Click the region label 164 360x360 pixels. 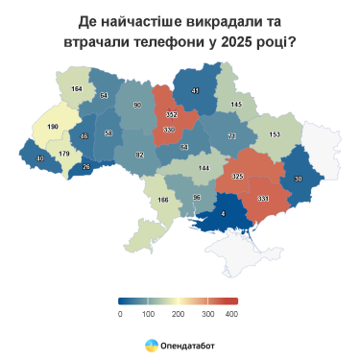tap(76, 88)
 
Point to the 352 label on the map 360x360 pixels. tap(172, 114)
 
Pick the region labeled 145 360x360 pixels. tap(236, 104)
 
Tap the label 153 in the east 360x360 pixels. tap(275, 134)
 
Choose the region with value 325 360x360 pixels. tap(237, 176)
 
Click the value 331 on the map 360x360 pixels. tap(263, 198)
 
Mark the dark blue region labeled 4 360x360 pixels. tap(223, 213)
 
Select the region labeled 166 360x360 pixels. tap(162, 200)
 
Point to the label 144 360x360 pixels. tap(203, 167)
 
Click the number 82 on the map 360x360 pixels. tap(139, 155)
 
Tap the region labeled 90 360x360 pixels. tap(137, 105)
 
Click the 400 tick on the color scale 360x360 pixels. tap(231, 313)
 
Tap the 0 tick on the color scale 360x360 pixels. tap(120, 313)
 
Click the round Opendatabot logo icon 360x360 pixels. tap(152, 344)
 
